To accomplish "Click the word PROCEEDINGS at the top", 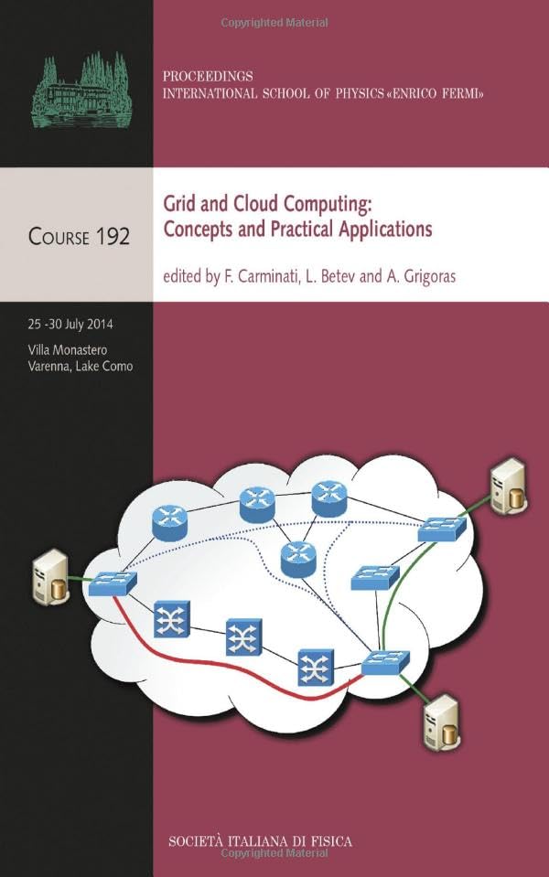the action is point(208,76).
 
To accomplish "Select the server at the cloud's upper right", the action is point(508,486).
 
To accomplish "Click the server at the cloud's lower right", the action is point(439,721).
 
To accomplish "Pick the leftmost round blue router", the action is point(169,520).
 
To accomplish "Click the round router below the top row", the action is point(297,559).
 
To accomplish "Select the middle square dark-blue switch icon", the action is point(243,636).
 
